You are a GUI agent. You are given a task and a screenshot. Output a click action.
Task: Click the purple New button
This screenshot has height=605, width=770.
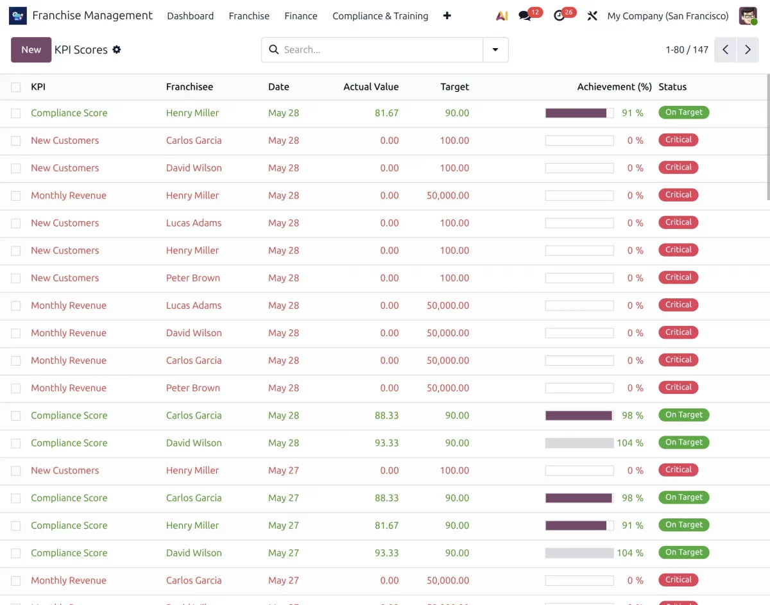pyautogui.click(x=31, y=49)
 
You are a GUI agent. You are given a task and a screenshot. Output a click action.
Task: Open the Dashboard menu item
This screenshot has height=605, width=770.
pyautogui.click(x=191, y=16)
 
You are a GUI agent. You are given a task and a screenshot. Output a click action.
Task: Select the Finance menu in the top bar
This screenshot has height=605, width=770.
pyautogui.click(x=301, y=16)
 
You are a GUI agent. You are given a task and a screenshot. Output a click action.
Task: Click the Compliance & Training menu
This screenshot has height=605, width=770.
pyautogui.click(x=381, y=16)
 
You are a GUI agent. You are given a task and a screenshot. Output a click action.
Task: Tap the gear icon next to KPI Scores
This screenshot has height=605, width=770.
pyautogui.click(x=117, y=49)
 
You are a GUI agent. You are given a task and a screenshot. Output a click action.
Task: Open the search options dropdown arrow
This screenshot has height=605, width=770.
pyautogui.click(x=495, y=49)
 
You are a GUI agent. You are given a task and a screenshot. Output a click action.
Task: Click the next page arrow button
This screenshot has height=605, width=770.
pyautogui.click(x=748, y=49)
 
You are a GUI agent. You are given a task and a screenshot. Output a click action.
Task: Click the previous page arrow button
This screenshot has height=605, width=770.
pyautogui.click(x=725, y=49)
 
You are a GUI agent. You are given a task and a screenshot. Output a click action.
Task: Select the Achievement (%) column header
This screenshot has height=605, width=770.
pyautogui.click(x=615, y=87)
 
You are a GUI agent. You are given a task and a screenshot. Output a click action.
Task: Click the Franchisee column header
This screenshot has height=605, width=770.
pyautogui.click(x=189, y=87)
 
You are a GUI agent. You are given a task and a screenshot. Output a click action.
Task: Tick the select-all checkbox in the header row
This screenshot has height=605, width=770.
pyautogui.click(x=15, y=87)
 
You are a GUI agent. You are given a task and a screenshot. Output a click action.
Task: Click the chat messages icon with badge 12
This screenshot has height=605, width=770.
pyautogui.click(x=525, y=16)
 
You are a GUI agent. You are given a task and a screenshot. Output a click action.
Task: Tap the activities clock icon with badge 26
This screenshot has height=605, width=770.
pyautogui.click(x=559, y=16)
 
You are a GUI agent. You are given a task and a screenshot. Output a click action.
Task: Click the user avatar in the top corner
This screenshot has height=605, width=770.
pyautogui.click(x=748, y=16)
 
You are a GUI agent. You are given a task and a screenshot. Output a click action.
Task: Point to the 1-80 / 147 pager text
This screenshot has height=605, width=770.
pyautogui.click(x=687, y=49)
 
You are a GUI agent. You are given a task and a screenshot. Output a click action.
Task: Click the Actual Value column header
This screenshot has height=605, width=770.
pyautogui.click(x=371, y=87)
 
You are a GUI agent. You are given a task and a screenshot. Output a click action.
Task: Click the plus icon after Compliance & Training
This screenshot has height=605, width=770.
pyautogui.click(x=447, y=15)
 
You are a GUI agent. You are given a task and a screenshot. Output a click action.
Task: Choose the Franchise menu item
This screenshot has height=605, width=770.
pyautogui.click(x=249, y=16)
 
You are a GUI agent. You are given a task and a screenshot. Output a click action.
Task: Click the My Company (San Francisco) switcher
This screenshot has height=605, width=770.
pyautogui.click(x=668, y=16)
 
